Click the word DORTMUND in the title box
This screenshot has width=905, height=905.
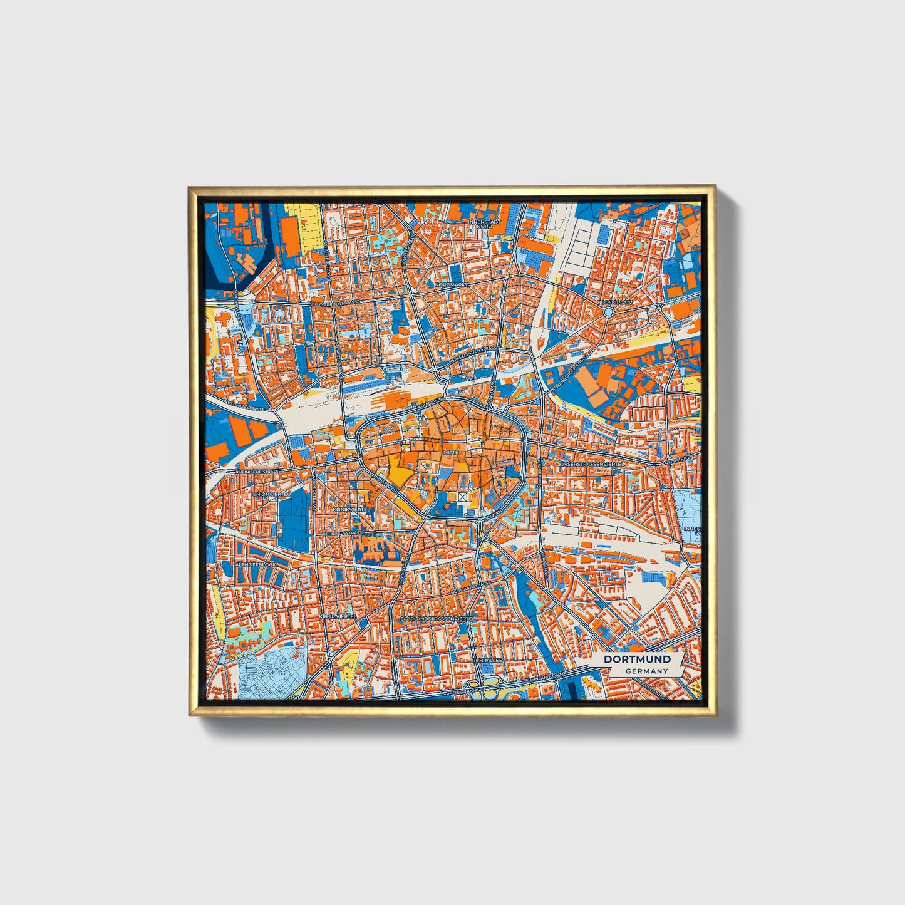[x=637, y=659]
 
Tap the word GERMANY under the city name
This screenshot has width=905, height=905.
[x=646, y=671]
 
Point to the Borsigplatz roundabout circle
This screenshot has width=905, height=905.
[x=608, y=311]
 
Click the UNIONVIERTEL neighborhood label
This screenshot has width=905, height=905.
[x=271, y=494]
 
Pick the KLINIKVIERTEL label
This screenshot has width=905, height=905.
[x=353, y=510]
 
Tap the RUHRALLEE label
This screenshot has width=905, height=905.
[x=487, y=660]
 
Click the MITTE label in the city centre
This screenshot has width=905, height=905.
[x=451, y=452]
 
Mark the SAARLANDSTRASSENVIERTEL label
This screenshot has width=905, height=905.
[x=437, y=618]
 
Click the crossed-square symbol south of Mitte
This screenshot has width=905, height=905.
[x=463, y=496]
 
